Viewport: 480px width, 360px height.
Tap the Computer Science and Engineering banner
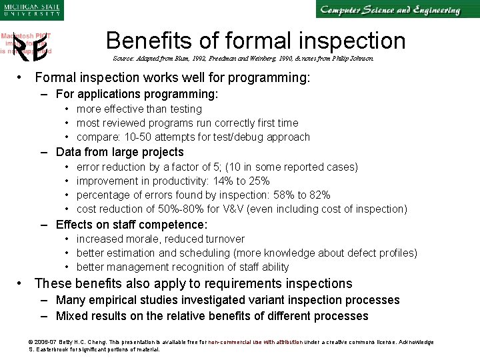[x=389, y=10]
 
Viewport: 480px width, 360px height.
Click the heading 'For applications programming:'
[x=137, y=95]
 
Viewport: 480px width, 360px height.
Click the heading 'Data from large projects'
[x=119, y=152]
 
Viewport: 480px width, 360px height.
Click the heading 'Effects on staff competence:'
[x=131, y=225]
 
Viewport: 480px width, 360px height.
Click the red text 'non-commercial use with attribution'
[x=255, y=342]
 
